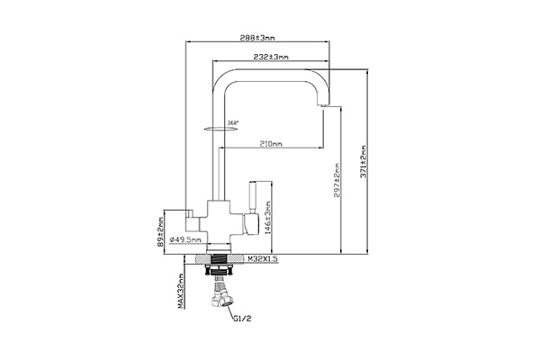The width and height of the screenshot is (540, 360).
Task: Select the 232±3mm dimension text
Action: point(270,58)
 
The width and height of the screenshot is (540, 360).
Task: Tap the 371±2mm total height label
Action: point(363,162)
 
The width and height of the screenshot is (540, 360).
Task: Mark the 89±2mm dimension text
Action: point(160,229)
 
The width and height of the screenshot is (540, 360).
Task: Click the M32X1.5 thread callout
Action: point(263,257)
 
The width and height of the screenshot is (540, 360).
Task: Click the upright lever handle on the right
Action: point(253,201)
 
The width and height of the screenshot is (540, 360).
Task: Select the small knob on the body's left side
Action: point(193,215)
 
